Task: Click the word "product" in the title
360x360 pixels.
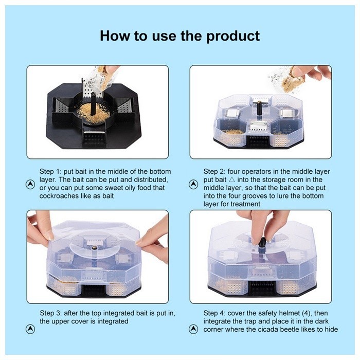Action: click(x=233, y=36)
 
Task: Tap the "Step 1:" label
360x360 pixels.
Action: click(x=49, y=171)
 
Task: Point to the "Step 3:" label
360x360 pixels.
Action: click(x=50, y=313)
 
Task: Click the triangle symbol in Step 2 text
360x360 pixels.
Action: click(x=231, y=179)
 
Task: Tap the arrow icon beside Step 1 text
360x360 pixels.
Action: click(x=30, y=184)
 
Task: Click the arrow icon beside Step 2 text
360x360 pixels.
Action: click(x=193, y=184)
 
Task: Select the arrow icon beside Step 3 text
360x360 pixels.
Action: click(x=30, y=329)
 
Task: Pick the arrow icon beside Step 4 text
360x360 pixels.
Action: click(x=193, y=329)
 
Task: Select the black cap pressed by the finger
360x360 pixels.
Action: click(x=262, y=243)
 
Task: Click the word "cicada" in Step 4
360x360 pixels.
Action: click(x=275, y=329)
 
